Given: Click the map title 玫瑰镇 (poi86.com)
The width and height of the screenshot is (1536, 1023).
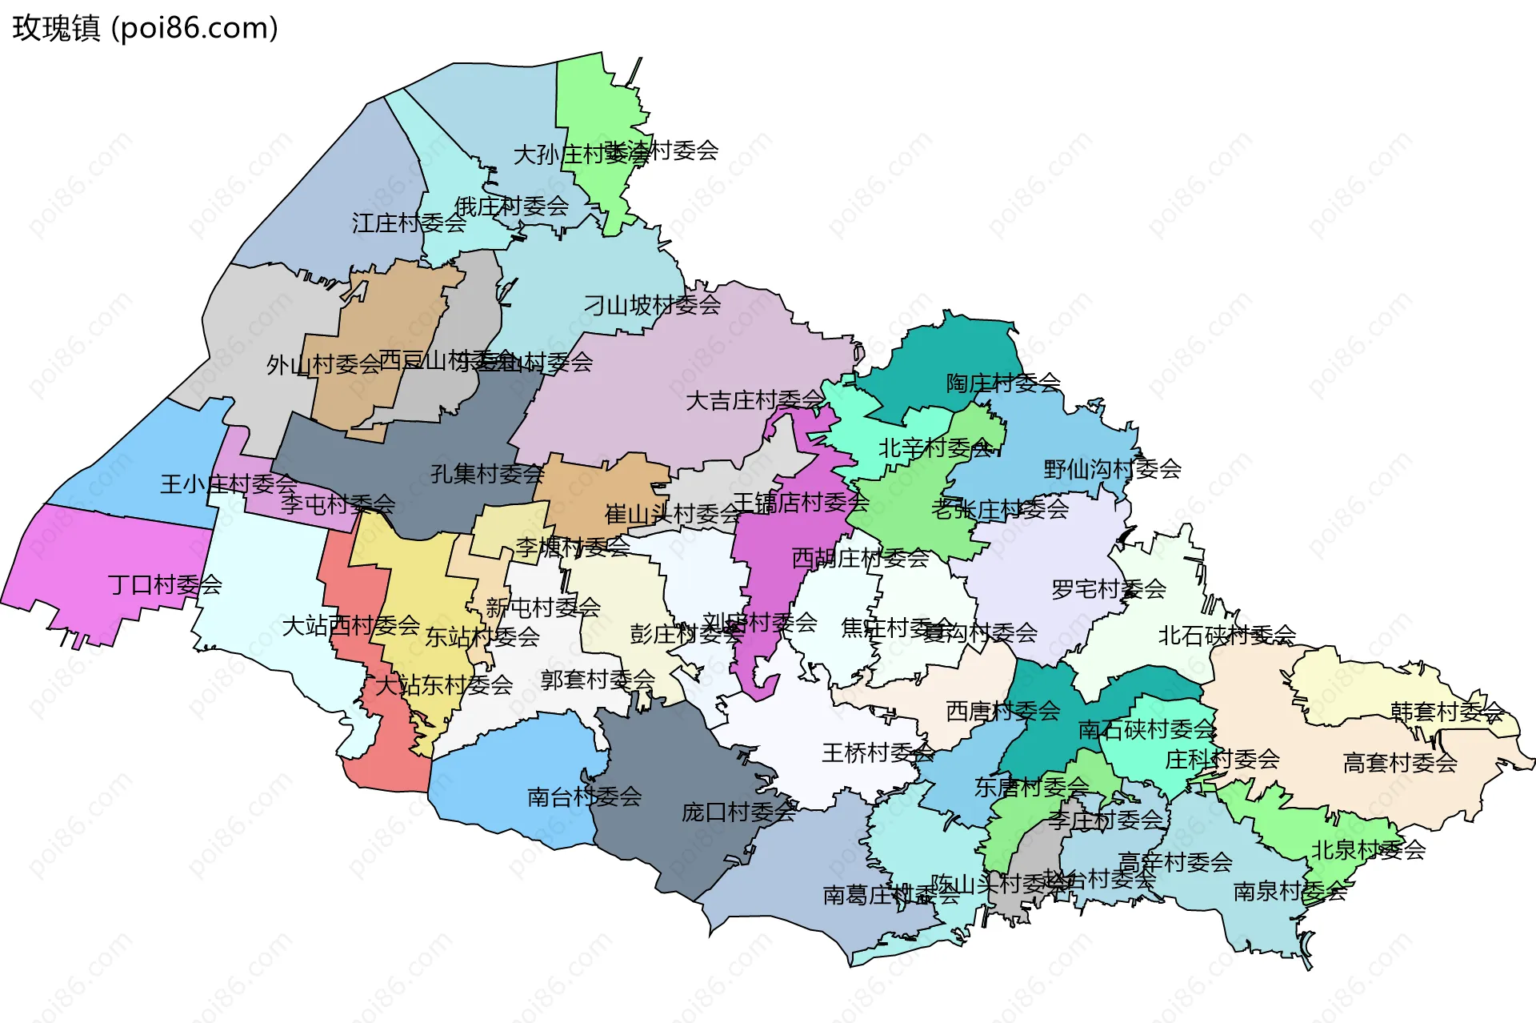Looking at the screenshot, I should click(x=145, y=28).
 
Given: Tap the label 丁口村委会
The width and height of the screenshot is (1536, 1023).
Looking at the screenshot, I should click(x=165, y=585).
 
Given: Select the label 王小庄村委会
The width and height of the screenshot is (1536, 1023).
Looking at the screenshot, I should click(x=229, y=484).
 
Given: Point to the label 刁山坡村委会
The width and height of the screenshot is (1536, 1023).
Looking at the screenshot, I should click(x=652, y=305).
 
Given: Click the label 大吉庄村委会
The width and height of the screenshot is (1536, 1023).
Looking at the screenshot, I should click(x=754, y=400).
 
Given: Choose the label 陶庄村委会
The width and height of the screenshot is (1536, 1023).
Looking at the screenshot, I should click(x=1003, y=383).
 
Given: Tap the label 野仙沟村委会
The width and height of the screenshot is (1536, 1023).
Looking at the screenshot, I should click(x=1112, y=469).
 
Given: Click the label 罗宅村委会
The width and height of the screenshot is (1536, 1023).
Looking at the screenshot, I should click(x=1108, y=590).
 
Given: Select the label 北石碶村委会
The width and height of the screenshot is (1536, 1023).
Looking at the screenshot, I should click(x=1226, y=636).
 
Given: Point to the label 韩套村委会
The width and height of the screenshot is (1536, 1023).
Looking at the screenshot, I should click(x=1446, y=712).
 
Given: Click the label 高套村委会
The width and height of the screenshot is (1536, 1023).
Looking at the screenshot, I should click(x=1399, y=763).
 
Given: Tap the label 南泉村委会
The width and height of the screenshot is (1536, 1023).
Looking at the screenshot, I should click(x=1290, y=891).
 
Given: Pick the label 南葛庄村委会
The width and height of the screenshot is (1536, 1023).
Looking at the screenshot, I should click(x=890, y=895).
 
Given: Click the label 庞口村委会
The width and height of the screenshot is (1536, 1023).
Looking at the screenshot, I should click(x=738, y=812).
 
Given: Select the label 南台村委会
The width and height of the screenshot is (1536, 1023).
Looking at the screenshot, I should click(x=584, y=796).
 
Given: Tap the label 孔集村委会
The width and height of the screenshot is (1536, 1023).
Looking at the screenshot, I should click(x=487, y=474).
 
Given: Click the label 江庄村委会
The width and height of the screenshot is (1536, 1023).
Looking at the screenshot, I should click(x=409, y=223).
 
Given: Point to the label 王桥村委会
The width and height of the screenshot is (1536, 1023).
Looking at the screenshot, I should click(x=878, y=752).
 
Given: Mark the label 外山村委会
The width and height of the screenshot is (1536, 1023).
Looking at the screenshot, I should click(x=323, y=365).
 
